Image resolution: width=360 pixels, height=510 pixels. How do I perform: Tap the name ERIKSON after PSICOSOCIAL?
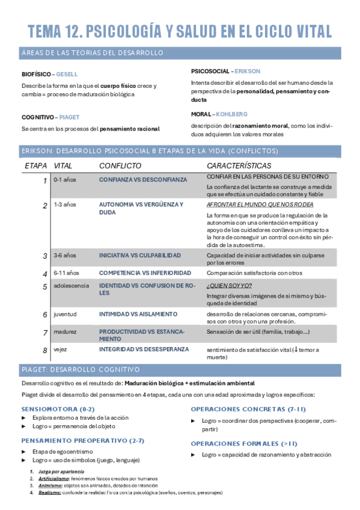(248, 71)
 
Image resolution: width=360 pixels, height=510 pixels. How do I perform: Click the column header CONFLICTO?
(120, 165)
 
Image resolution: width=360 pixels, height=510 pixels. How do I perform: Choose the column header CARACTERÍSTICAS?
(239, 165)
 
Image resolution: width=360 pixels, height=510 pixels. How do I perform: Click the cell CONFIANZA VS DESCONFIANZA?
(142, 179)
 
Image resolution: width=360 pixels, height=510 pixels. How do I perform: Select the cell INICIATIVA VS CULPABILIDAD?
(139, 255)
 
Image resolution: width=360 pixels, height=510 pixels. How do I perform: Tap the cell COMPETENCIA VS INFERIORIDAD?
(145, 272)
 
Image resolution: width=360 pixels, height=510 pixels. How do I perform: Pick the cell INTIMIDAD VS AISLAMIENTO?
(138, 314)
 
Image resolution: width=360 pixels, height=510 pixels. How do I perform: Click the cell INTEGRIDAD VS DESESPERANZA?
(144, 349)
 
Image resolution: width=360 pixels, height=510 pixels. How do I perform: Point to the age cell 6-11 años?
(66, 272)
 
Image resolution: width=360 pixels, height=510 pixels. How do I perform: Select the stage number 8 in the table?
(44, 350)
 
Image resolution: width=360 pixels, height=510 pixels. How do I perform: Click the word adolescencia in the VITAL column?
(71, 286)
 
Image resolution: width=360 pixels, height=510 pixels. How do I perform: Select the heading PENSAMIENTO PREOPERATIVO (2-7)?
(82, 440)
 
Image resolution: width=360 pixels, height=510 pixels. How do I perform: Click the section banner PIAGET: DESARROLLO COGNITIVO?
(81, 369)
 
